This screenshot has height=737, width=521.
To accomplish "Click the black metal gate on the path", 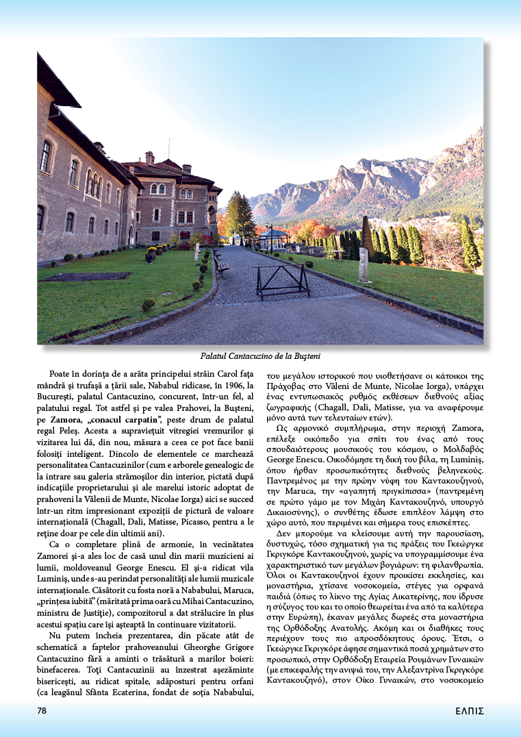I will (282, 280).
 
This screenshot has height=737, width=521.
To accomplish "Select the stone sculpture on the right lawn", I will (364, 264).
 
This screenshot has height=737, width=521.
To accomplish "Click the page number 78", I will (42, 710).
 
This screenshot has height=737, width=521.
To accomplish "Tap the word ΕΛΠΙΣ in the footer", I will (470, 711).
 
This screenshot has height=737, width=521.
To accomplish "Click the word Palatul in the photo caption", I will (215, 356).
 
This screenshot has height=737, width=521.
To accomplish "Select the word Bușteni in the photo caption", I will (305, 356).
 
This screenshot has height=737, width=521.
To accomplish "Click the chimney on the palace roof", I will (149, 158).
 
